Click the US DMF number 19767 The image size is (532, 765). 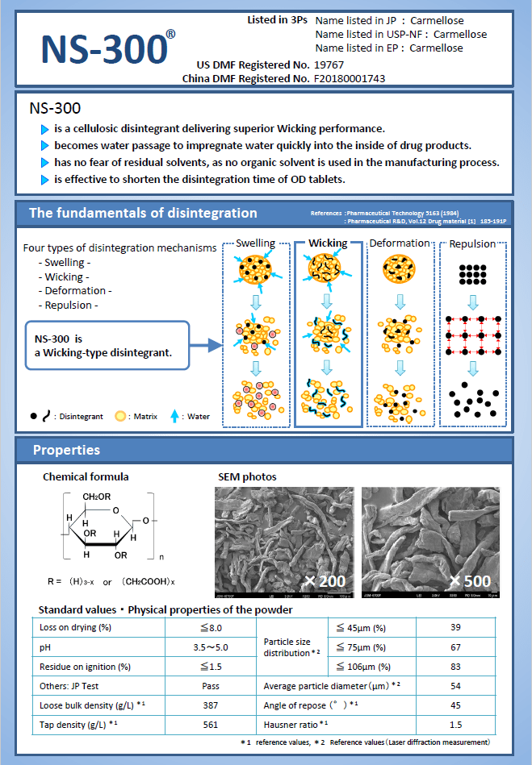[329, 64]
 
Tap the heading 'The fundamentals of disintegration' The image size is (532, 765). [143, 214]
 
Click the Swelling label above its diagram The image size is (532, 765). [255, 243]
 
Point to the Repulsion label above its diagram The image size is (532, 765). [472, 243]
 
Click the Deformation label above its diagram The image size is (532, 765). [399, 243]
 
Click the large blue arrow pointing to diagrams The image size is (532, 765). [207, 346]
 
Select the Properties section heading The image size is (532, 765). [66, 450]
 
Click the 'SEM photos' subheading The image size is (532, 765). [249, 477]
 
